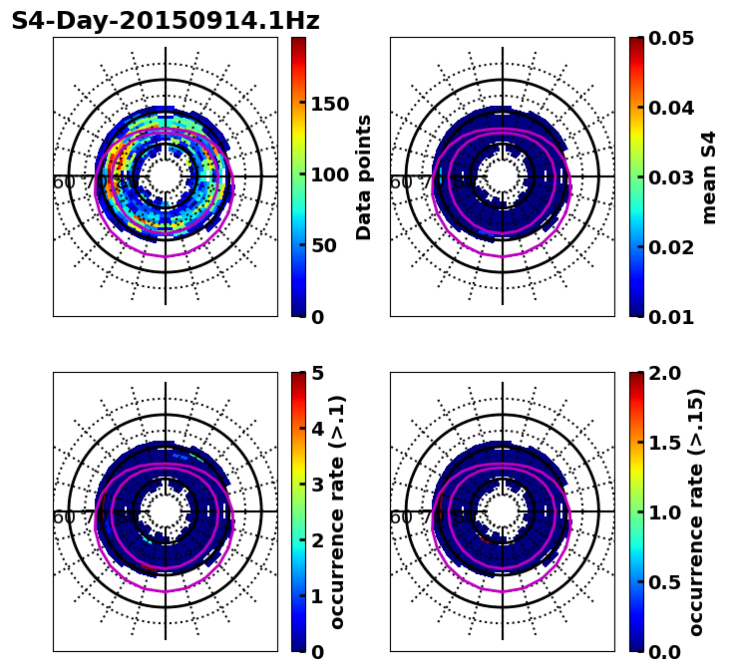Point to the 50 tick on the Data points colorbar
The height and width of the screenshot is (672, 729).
click(323, 245)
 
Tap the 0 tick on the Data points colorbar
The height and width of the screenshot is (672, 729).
click(317, 317)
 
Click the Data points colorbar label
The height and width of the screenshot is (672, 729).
click(365, 177)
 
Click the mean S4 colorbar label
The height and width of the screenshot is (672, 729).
click(710, 177)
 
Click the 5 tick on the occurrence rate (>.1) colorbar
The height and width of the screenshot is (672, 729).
click(317, 373)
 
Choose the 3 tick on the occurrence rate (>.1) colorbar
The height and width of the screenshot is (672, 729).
click(317, 485)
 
